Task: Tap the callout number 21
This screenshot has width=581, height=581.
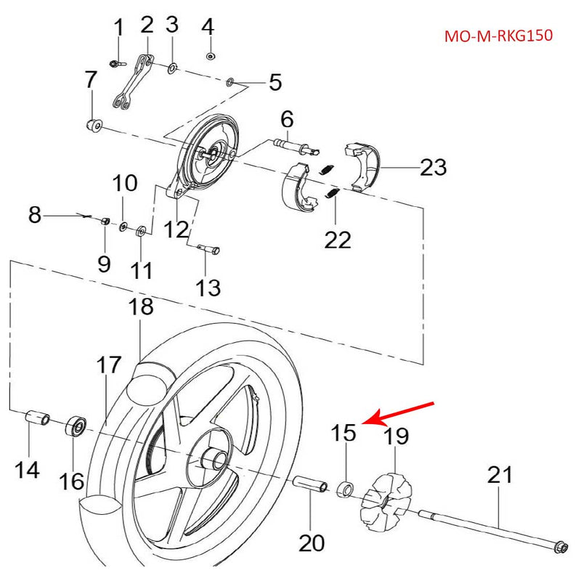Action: pos(499,475)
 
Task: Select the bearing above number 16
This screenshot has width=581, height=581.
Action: pos(76,426)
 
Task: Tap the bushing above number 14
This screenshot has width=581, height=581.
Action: pos(36,419)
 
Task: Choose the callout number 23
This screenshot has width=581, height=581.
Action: pos(433,168)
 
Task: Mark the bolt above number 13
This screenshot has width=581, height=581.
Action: pos(210,250)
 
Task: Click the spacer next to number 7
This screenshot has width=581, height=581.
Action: pos(93,124)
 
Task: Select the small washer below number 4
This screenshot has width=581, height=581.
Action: pos(210,56)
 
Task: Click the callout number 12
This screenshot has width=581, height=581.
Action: pos(176,229)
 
